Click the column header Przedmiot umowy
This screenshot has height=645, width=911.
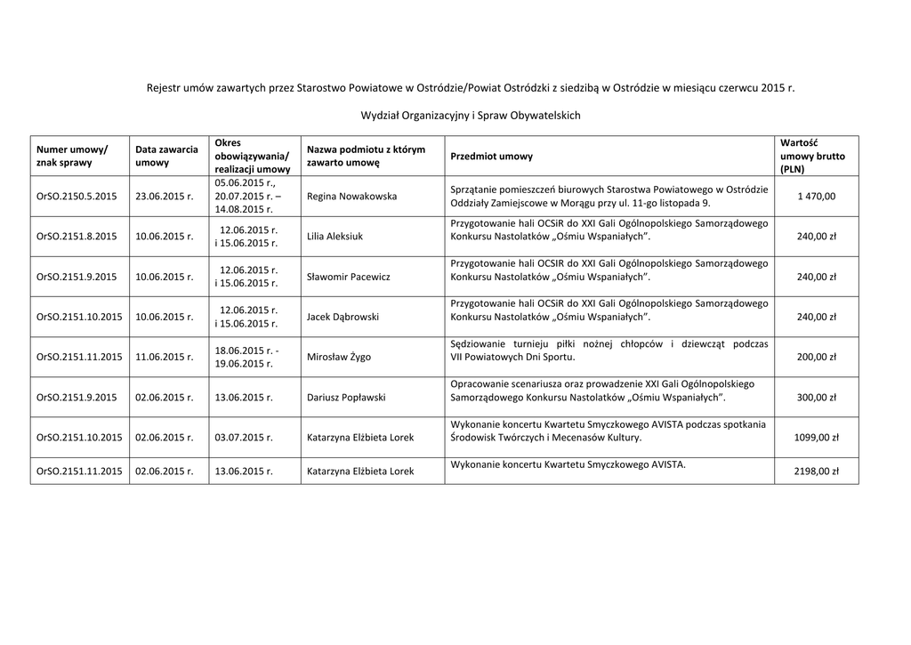pyautogui.click(x=492, y=157)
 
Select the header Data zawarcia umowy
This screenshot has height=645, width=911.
pyautogui.click(x=166, y=157)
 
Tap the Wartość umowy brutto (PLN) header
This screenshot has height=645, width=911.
pyautogui.click(x=812, y=156)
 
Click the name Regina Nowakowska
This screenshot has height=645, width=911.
pyautogui.click(x=351, y=197)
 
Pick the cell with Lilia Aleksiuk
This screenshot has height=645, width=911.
pyautogui.click(x=335, y=237)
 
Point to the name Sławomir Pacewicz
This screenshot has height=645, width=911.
pyautogui.click(x=348, y=277)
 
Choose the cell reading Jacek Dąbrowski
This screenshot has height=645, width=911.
pyautogui.click(x=343, y=317)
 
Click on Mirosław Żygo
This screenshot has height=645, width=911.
pyautogui.click(x=339, y=357)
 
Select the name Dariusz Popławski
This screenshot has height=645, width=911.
pyautogui.click(x=347, y=398)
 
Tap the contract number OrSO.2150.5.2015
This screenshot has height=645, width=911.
pyautogui.click(x=77, y=197)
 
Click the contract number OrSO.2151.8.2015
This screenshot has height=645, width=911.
pyautogui.click(x=77, y=237)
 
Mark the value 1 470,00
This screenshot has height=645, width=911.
pyautogui.click(x=817, y=197)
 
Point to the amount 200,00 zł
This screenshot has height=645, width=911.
pyautogui.click(x=817, y=357)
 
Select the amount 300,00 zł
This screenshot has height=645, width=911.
pyautogui.click(x=817, y=398)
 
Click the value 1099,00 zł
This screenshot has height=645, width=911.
pyautogui.click(x=815, y=438)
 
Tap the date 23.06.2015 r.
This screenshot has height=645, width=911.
pyautogui.click(x=165, y=197)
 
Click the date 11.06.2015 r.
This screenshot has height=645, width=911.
pyautogui.click(x=165, y=357)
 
